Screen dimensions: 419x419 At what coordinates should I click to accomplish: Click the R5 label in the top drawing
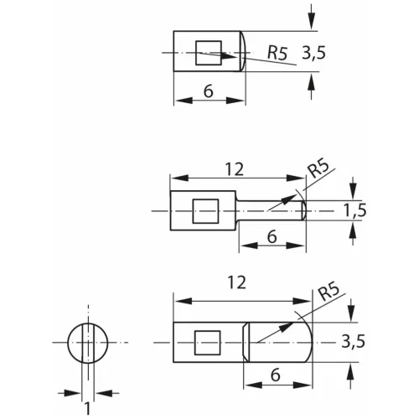277,53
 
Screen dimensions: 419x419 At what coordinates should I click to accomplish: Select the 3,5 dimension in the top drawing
313,53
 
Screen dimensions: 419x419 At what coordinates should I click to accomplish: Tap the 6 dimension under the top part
209,91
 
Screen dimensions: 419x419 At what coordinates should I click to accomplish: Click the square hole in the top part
209,53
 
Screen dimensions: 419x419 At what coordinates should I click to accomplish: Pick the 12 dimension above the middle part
235,169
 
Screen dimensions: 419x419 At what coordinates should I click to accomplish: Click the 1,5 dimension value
354,210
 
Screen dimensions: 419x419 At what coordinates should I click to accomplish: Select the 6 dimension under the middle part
272,236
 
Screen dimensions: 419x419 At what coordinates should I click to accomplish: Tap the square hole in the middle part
205,211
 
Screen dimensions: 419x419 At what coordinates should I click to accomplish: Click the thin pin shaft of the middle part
271,210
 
